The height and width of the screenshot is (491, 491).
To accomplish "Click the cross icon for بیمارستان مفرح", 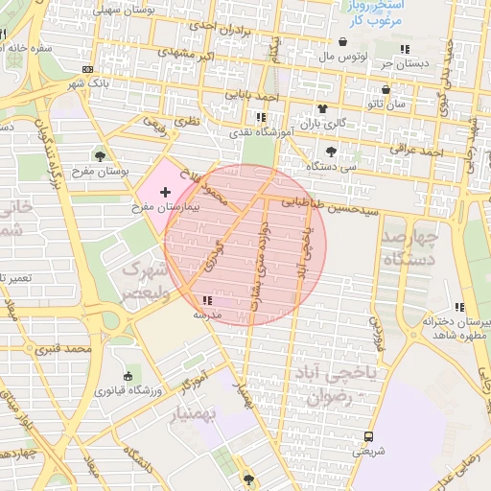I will pyautogui.click(x=165, y=193).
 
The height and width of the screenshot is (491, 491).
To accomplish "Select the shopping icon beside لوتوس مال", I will pyautogui.click(x=343, y=42).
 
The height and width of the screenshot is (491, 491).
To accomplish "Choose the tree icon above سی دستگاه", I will pyautogui.click(x=332, y=151).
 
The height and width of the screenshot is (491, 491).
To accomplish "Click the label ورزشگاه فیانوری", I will pyautogui.click(x=127, y=391).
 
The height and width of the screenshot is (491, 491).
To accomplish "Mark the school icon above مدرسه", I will pyautogui.click(x=208, y=301).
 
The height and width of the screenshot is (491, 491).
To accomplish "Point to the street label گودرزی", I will pyautogui.click(x=213, y=254).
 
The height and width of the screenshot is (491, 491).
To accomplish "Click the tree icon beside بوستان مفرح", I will pyautogui.click(x=101, y=156).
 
